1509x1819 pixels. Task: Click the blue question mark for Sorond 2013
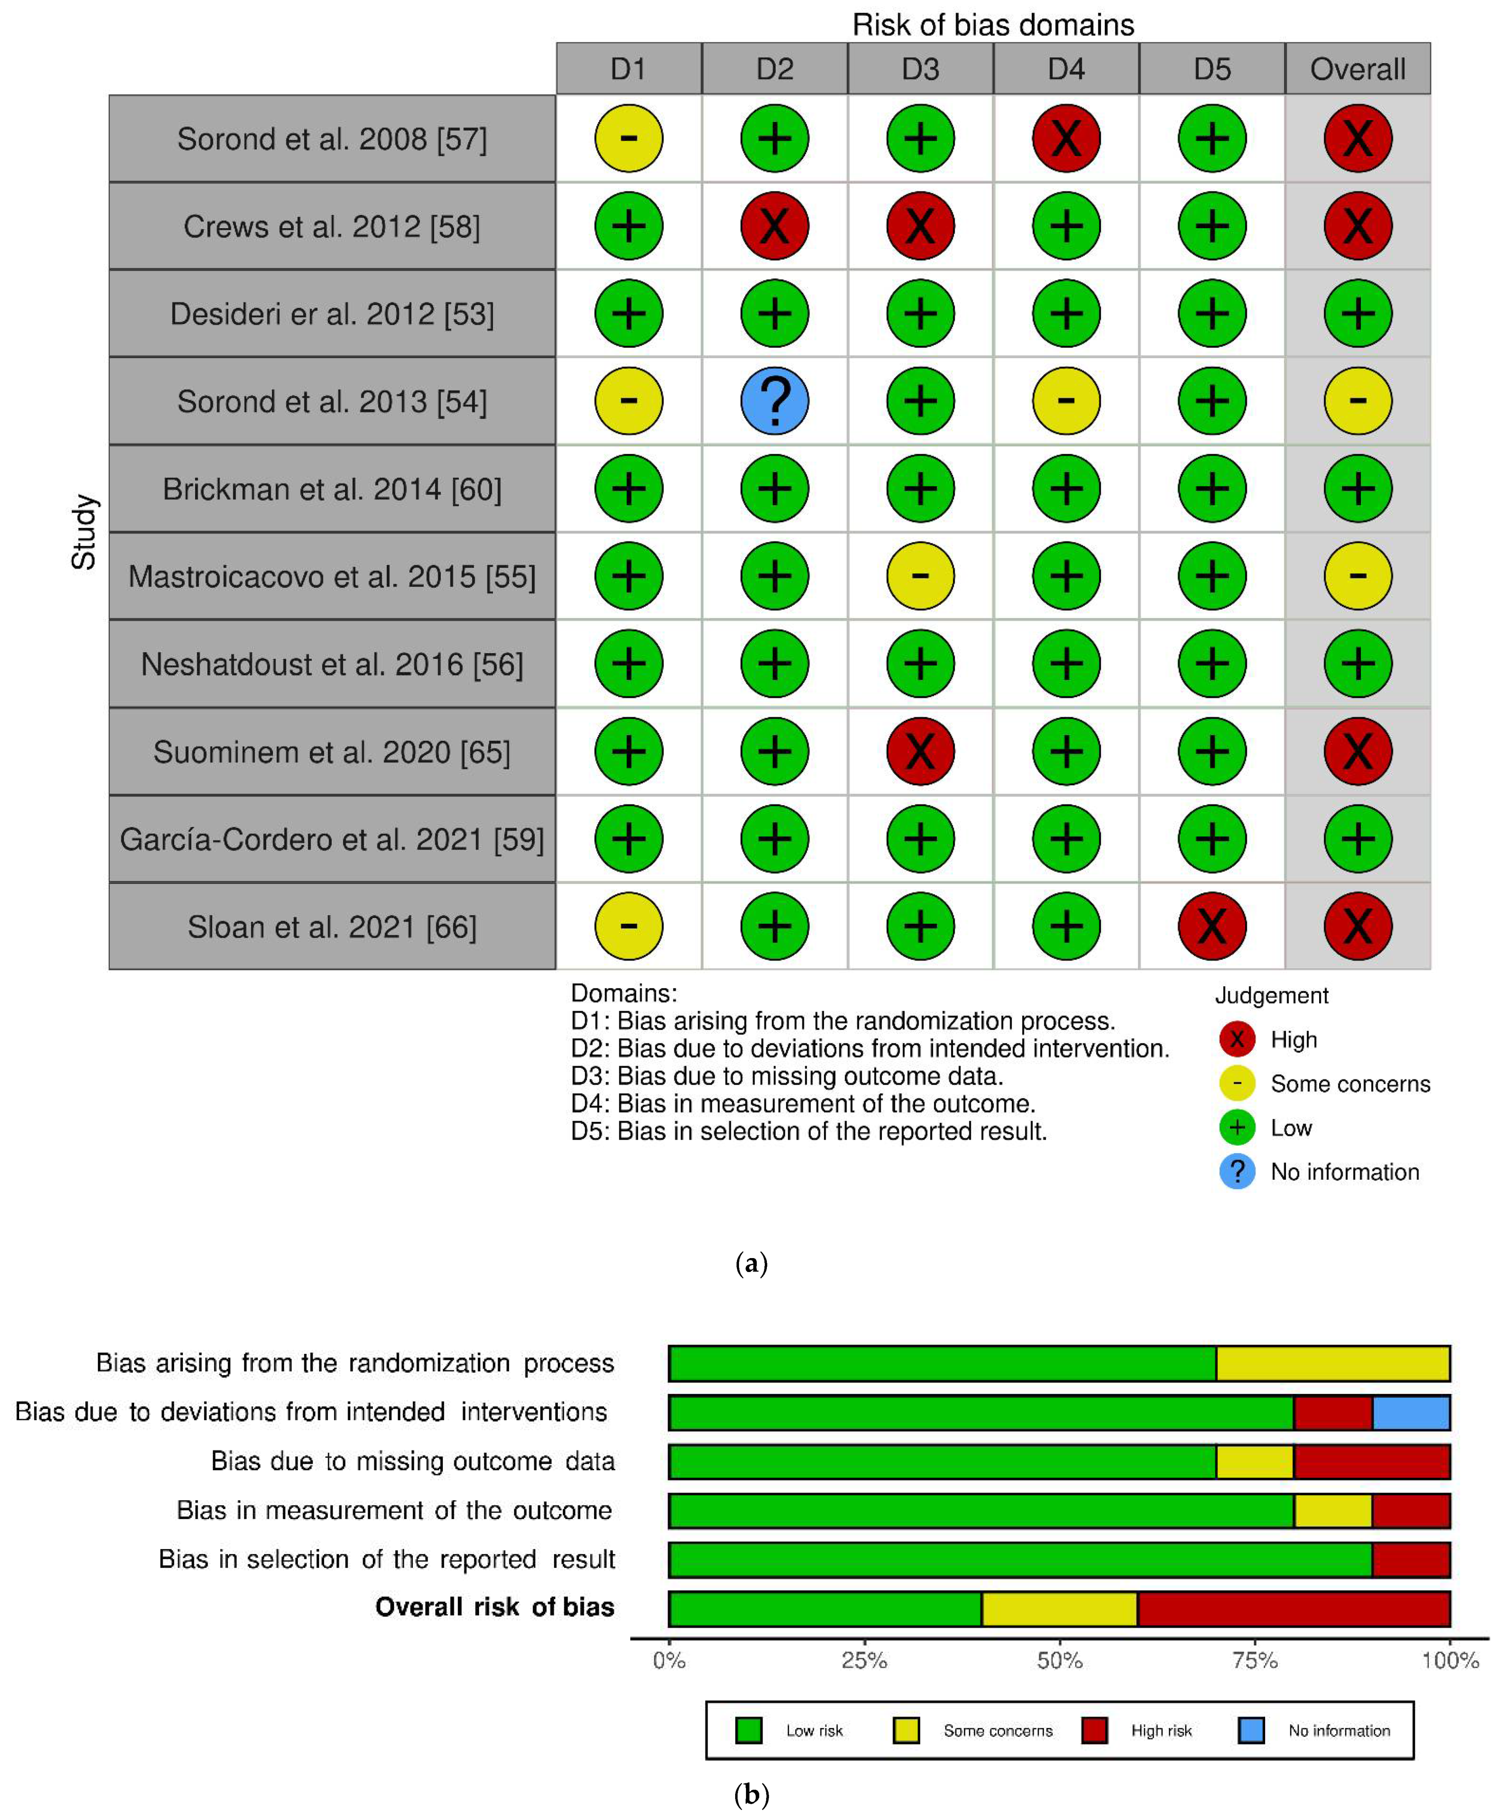pyautogui.click(x=774, y=401)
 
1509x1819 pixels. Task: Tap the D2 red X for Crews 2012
pyautogui.click(x=774, y=226)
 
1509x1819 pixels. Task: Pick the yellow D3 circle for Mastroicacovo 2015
pyautogui.click(x=920, y=576)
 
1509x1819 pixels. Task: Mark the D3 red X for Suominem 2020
pyautogui.click(x=920, y=751)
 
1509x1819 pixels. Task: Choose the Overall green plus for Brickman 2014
pyautogui.click(x=1357, y=489)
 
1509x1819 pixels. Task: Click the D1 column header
pyautogui.click(x=629, y=68)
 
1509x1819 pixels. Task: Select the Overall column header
pyautogui.click(x=1357, y=68)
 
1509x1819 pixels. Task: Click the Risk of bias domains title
pyautogui.click(x=993, y=24)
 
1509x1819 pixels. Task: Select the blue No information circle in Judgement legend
pyautogui.click(x=1237, y=1172)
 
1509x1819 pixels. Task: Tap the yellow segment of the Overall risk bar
pyautogui.click(x=1060, y=1609)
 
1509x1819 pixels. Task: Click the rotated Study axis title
pyautogui.click(x=84, y=532)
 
